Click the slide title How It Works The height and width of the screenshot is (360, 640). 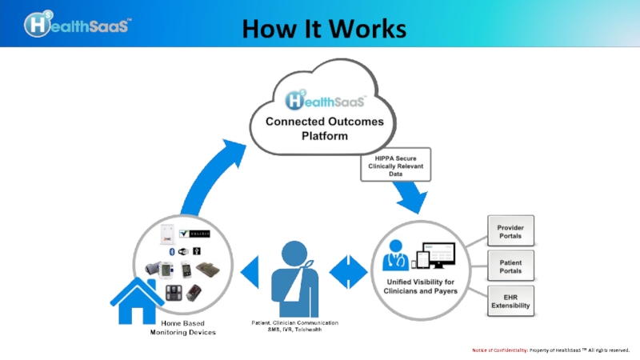323,29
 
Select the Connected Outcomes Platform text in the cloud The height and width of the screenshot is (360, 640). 325,128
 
